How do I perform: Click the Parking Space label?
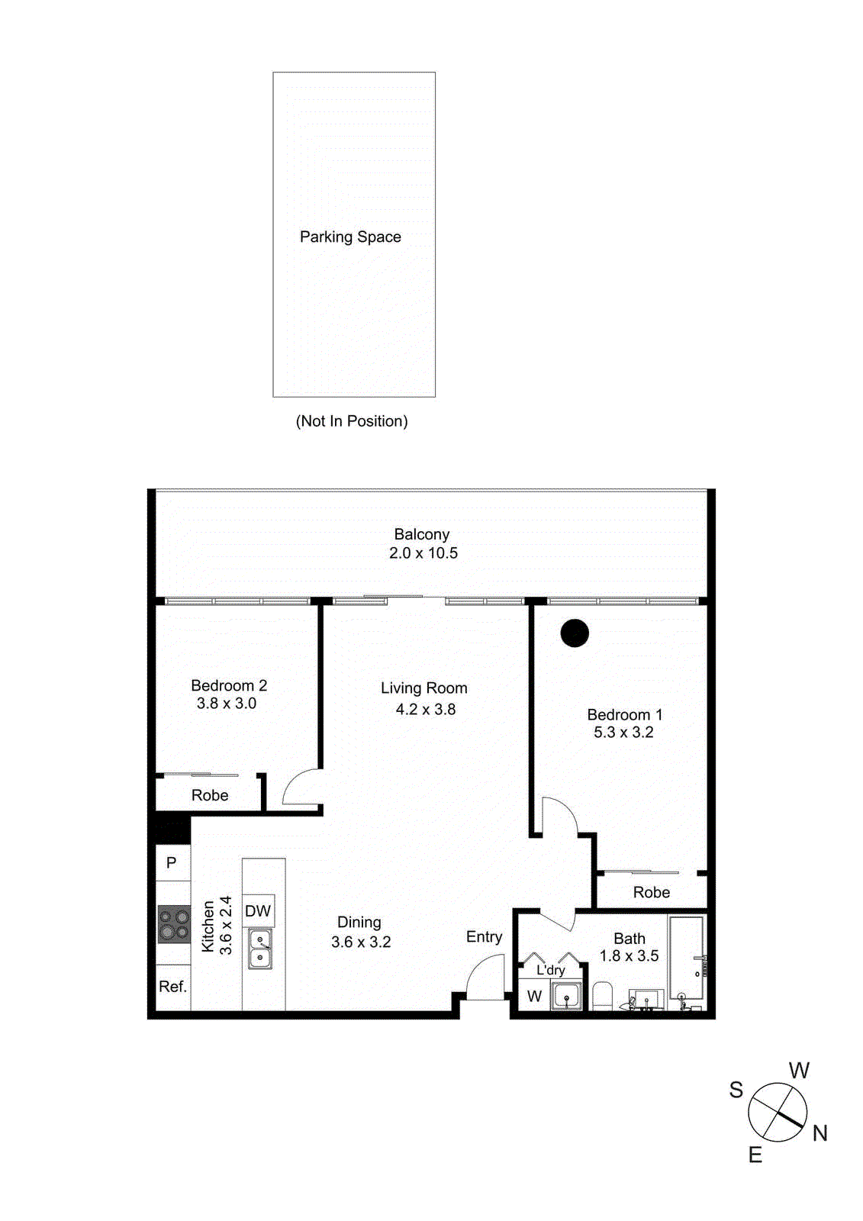tap(350, 237)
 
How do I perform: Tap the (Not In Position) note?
tap(352, 421)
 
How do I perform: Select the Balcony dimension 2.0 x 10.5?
tap(423, 553)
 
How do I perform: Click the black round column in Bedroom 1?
tap(575, 633)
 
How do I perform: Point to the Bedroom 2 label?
tap(229, 685)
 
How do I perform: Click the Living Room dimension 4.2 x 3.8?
tap(426, 710)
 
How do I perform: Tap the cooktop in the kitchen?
tap(174, 924)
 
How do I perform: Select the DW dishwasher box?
tap(258, 911)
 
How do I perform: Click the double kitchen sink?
tap(260, 949)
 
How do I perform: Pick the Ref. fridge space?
tap(172, 987)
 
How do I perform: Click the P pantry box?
tap(172, 863)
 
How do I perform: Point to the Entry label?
tap(484, 937)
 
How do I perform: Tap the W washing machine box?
tap(534, 997)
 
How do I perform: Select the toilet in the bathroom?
tap(603, 996)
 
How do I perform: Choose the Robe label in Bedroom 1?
tap(652, 893)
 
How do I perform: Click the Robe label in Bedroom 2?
tap(210, 796)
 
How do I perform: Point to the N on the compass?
tap(820, 1133)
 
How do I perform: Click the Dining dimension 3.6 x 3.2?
tap(361, 942)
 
